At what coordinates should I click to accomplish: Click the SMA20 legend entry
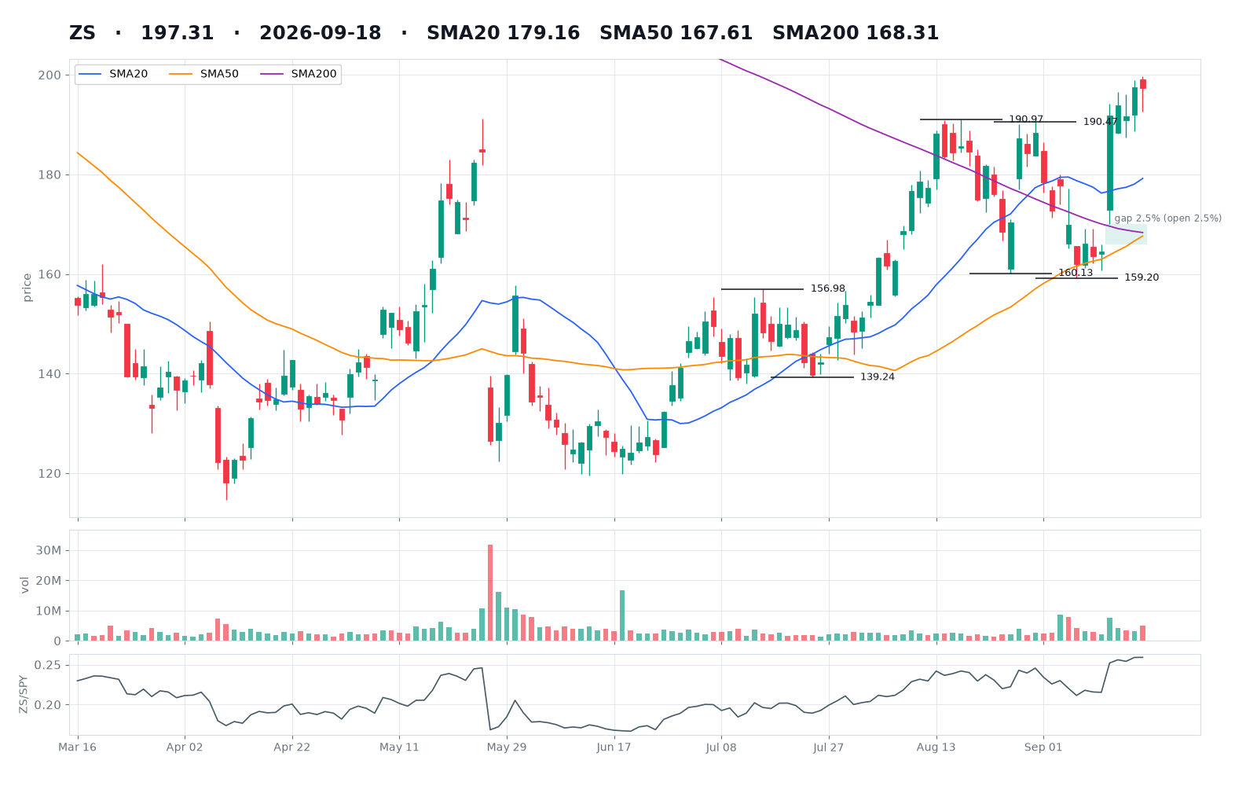[113, 74]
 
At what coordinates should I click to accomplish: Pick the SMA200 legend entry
[299, 74]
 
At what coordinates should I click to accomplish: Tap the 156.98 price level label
[828, 288]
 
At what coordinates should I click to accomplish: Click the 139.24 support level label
[877, 376]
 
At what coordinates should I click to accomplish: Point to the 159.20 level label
[1142, 277]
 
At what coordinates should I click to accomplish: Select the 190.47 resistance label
[1100, 122]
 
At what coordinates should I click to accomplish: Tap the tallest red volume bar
[490, 593]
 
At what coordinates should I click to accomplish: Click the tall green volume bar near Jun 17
[621, 615]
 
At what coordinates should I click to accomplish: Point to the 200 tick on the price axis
[51, 75]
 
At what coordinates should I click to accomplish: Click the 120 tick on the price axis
[51, 474]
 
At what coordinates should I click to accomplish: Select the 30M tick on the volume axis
[48, 551]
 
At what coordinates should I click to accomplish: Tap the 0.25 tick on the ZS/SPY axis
[48, 665]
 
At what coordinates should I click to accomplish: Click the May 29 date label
[507, 747]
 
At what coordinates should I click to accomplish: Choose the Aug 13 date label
[936, 747]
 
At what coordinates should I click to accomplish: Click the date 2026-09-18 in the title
[320, 33]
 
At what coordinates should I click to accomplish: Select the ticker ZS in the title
[82, 33]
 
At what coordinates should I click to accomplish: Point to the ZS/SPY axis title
[24, 695]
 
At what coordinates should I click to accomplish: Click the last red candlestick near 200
[1142, 84]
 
